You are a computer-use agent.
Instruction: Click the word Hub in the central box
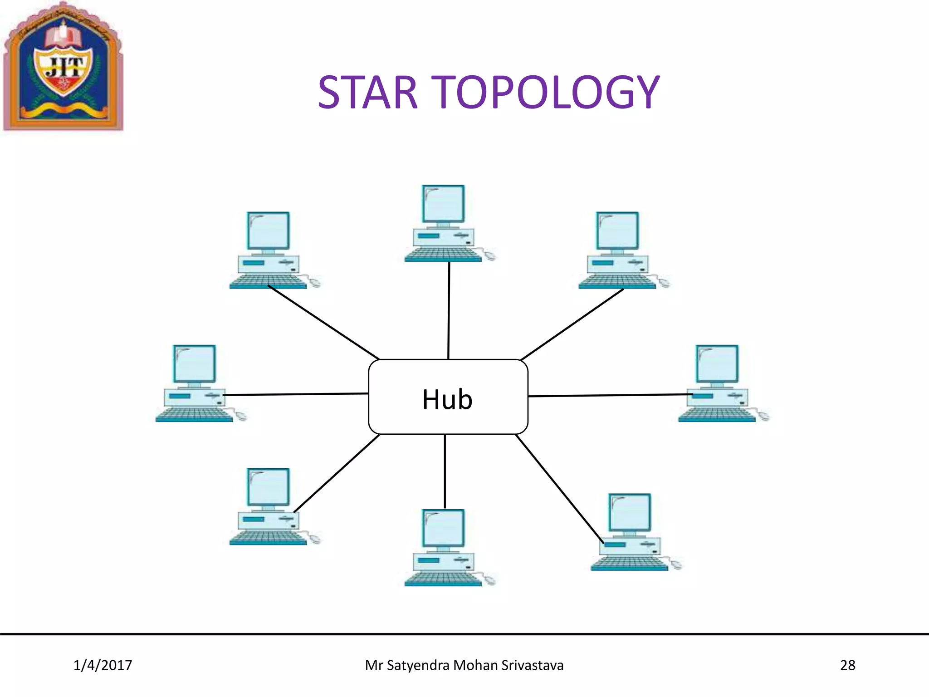point(447,399)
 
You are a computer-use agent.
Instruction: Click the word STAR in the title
point(367,93)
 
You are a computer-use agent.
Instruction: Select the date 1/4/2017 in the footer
point(103,665)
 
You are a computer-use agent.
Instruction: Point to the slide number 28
point(847,665)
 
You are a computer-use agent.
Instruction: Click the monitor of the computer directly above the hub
point(443,204)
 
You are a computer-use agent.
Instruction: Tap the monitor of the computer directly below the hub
point(443,528)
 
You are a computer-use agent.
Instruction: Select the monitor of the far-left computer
point(195,364)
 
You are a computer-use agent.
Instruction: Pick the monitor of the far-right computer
point(717,364)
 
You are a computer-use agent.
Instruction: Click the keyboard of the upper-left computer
point(268,282)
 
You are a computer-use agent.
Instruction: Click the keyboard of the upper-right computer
point(617,282)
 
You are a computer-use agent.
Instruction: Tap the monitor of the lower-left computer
point(268,487)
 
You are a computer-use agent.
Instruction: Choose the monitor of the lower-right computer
point(630,512)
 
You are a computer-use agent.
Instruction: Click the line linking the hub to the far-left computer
point(295,394)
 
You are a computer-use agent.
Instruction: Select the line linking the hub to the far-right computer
point(610,395)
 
